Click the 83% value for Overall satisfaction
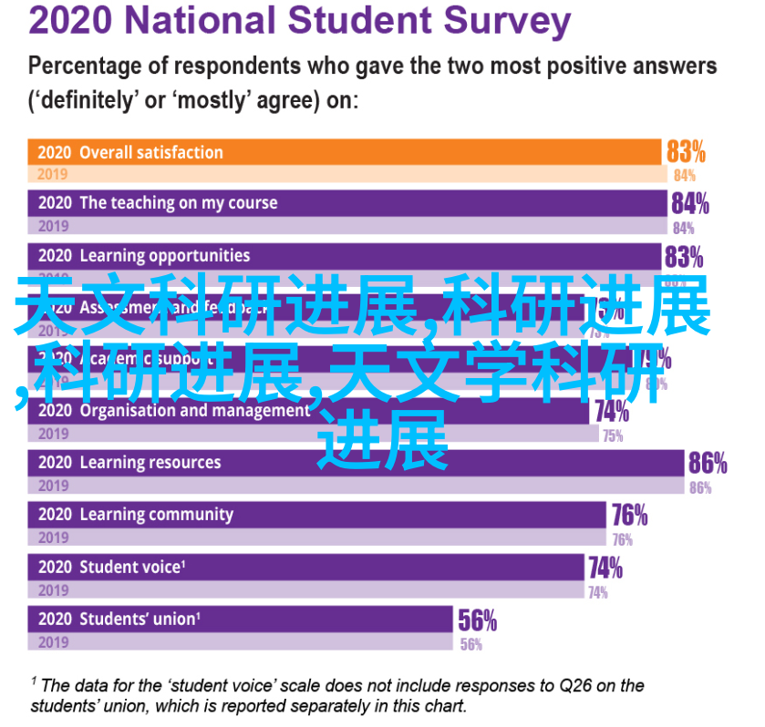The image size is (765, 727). tap(686, 151)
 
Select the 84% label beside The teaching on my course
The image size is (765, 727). tap(690, 203)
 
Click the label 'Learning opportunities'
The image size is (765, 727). tap(164, 256)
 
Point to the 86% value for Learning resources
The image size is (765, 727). tap(708, 464)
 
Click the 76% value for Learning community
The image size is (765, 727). tap(629, 516)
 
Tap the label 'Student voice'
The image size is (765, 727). tap(130, 568)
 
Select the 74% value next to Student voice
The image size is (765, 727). tap(605, 568)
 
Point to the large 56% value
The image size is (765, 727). tap(477, 621)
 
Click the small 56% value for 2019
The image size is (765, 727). tap(471, 644)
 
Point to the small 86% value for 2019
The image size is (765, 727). tap(700, 487)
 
